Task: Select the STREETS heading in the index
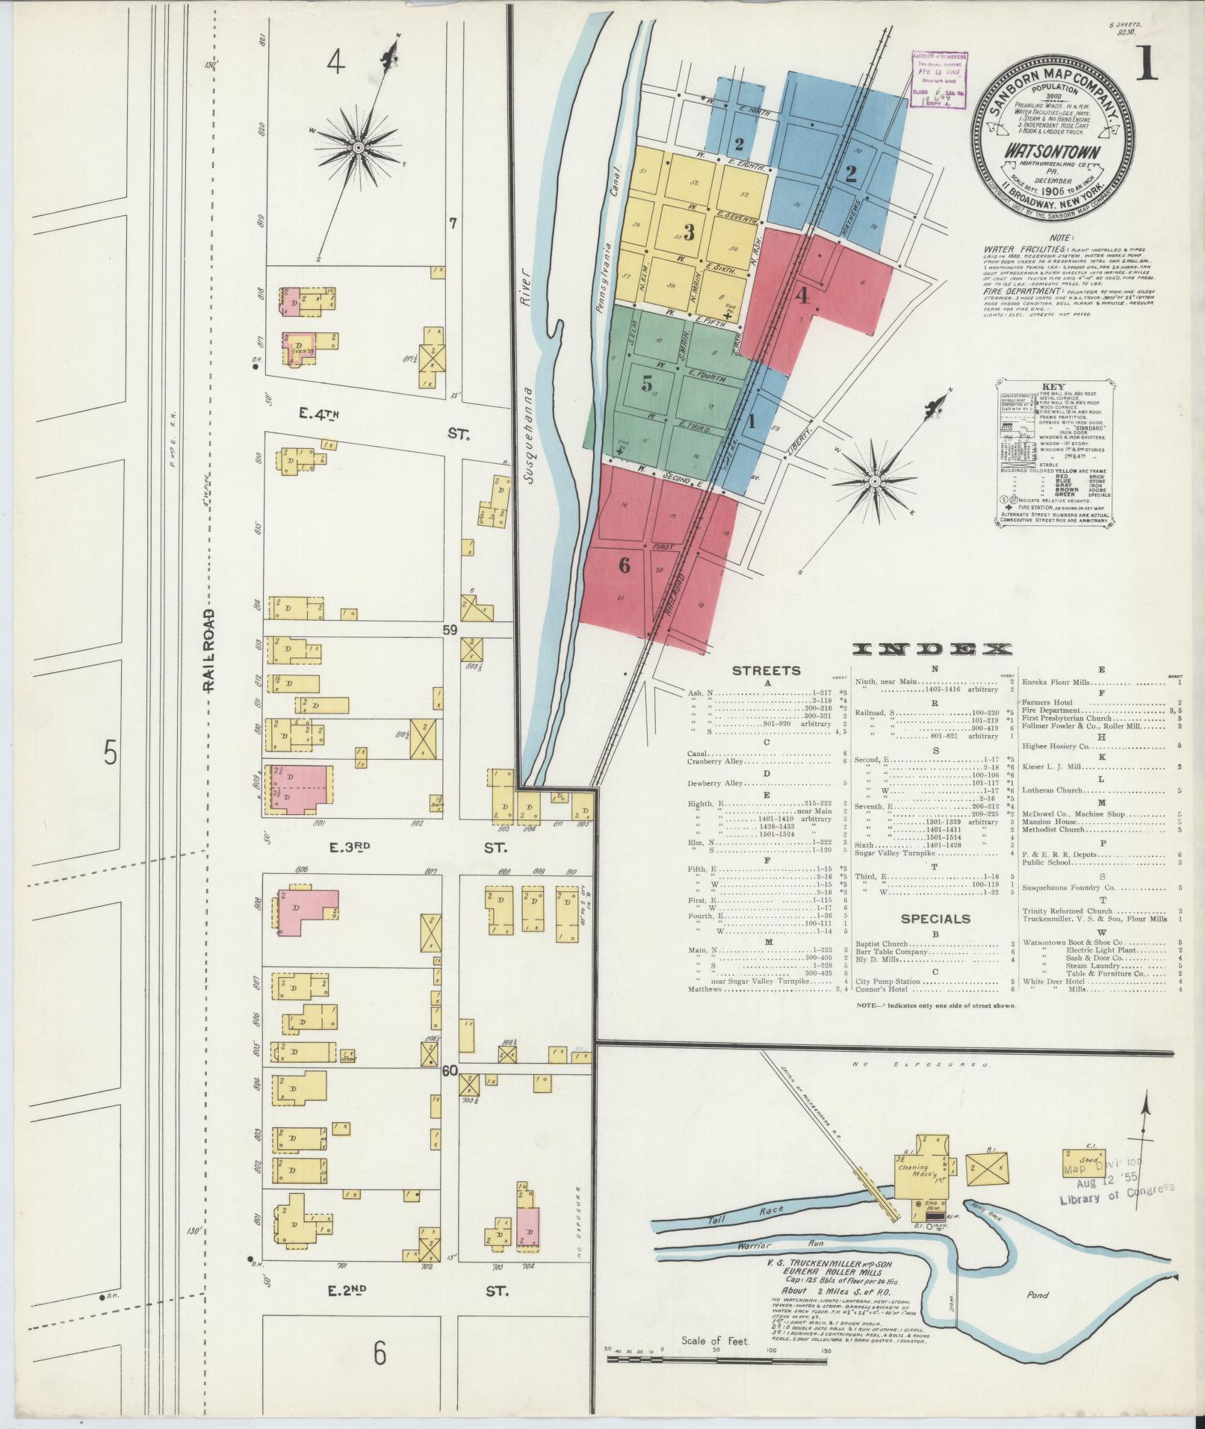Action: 766,671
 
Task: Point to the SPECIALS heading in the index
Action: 935,918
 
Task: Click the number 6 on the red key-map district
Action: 624,565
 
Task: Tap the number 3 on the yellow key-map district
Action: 689,231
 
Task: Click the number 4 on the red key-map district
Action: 802,296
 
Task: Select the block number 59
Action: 450,630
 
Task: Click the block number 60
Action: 449,1070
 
